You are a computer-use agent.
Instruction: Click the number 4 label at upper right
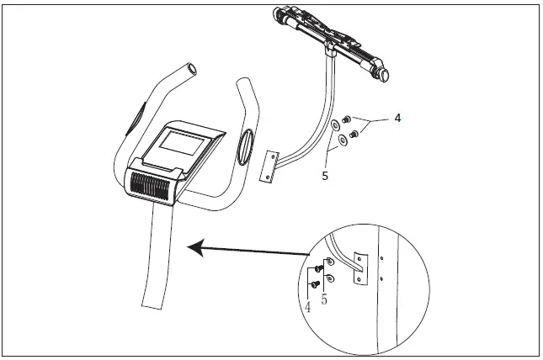[397, 119]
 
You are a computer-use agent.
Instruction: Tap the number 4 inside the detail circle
[308, 307]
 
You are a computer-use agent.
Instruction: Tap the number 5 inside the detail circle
[323, 297]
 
